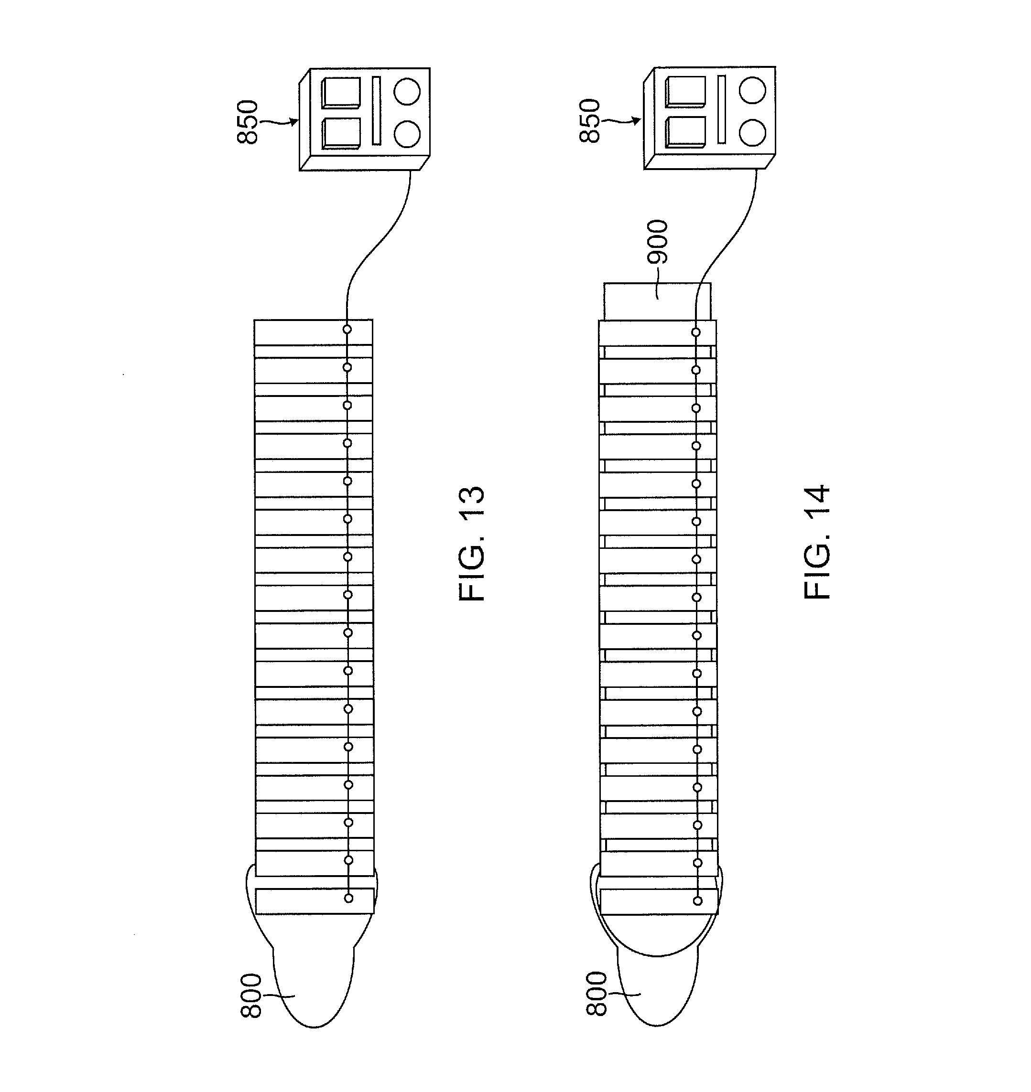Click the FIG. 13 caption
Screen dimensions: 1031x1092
pos(472,543)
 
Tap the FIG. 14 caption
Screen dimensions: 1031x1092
pos(817,542)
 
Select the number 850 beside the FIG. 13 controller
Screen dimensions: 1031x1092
pos(247,122)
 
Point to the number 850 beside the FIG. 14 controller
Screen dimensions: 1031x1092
pos(590,121)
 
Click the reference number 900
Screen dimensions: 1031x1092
pos(657,242)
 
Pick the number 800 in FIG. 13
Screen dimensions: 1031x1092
pos(251,996)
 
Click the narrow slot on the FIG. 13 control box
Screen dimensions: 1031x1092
pos(377,110)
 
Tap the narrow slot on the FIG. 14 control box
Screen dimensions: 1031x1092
pos(721,109)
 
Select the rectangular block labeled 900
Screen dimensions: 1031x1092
pos(657,301)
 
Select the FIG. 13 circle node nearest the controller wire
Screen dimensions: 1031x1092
pos(347,330)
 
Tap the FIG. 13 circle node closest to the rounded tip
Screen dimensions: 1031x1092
pos(348,898)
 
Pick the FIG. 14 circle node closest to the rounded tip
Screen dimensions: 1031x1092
pos(697,901)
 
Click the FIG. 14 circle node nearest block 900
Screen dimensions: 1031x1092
pos(696,332)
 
